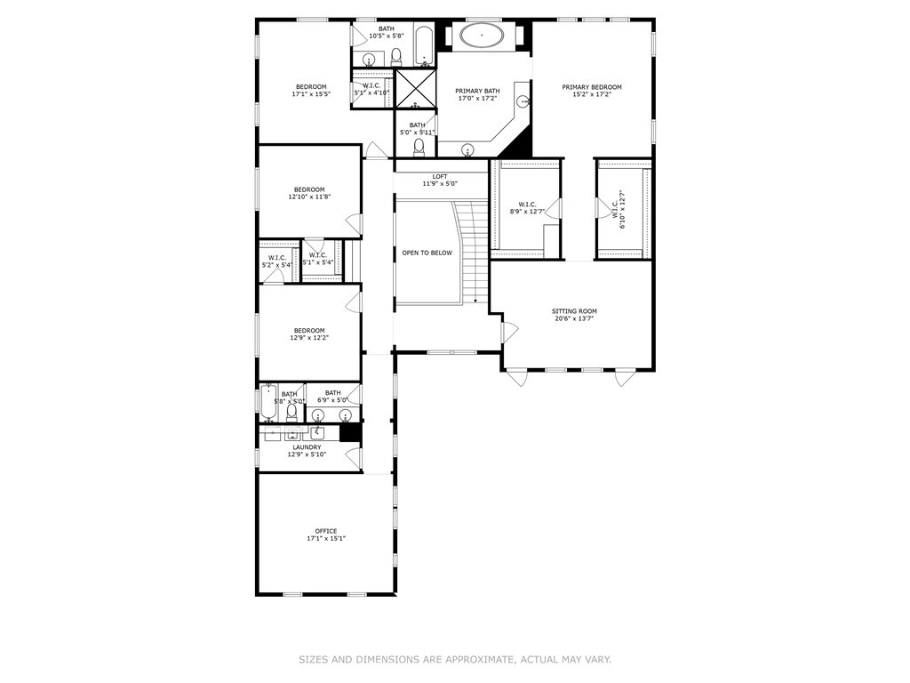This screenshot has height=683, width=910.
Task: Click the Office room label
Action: [325, 531]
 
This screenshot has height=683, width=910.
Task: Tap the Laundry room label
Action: [307, 447]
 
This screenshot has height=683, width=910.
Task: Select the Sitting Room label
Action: [575, 311]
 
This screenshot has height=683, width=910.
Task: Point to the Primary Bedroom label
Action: [591, 87]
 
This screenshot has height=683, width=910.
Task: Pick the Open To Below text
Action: [427, 253]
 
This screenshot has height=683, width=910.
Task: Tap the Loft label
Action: [440, 176]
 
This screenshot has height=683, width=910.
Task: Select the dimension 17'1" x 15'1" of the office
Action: [325, 538]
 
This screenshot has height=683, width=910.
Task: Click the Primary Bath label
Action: [478, 91]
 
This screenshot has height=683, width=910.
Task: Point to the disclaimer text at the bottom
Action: [454, 659]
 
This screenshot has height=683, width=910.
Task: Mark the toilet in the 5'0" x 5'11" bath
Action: [419, 147]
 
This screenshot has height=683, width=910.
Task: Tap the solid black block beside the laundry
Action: [350, 433]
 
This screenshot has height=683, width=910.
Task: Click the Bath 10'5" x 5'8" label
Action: [386, 28]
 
